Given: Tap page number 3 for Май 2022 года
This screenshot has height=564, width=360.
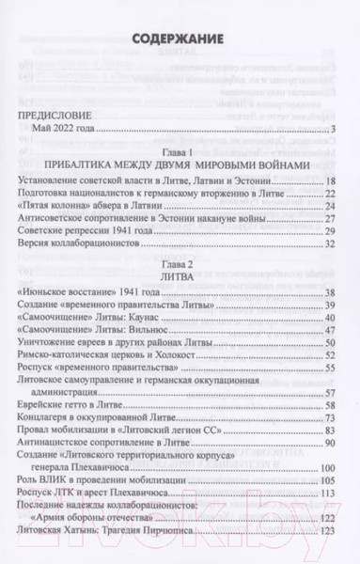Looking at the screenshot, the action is tap(333, 128).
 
